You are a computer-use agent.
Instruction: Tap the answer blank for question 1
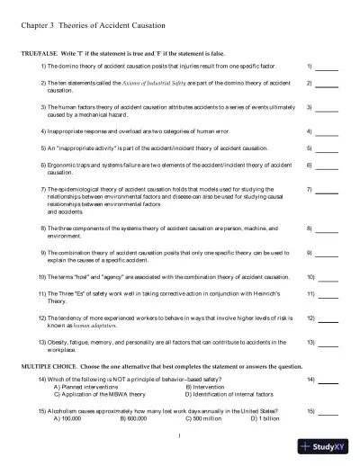[327, 68]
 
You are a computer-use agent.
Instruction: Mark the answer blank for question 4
[327, 131]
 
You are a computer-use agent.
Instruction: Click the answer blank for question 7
[327, 191]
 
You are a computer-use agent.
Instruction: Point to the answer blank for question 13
[327, 343]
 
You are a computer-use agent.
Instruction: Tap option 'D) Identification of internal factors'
[232, 395]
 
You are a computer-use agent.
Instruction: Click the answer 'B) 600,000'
[133, 418]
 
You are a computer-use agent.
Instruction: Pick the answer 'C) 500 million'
[202, 418]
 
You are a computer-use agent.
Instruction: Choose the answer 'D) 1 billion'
[265, 418]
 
